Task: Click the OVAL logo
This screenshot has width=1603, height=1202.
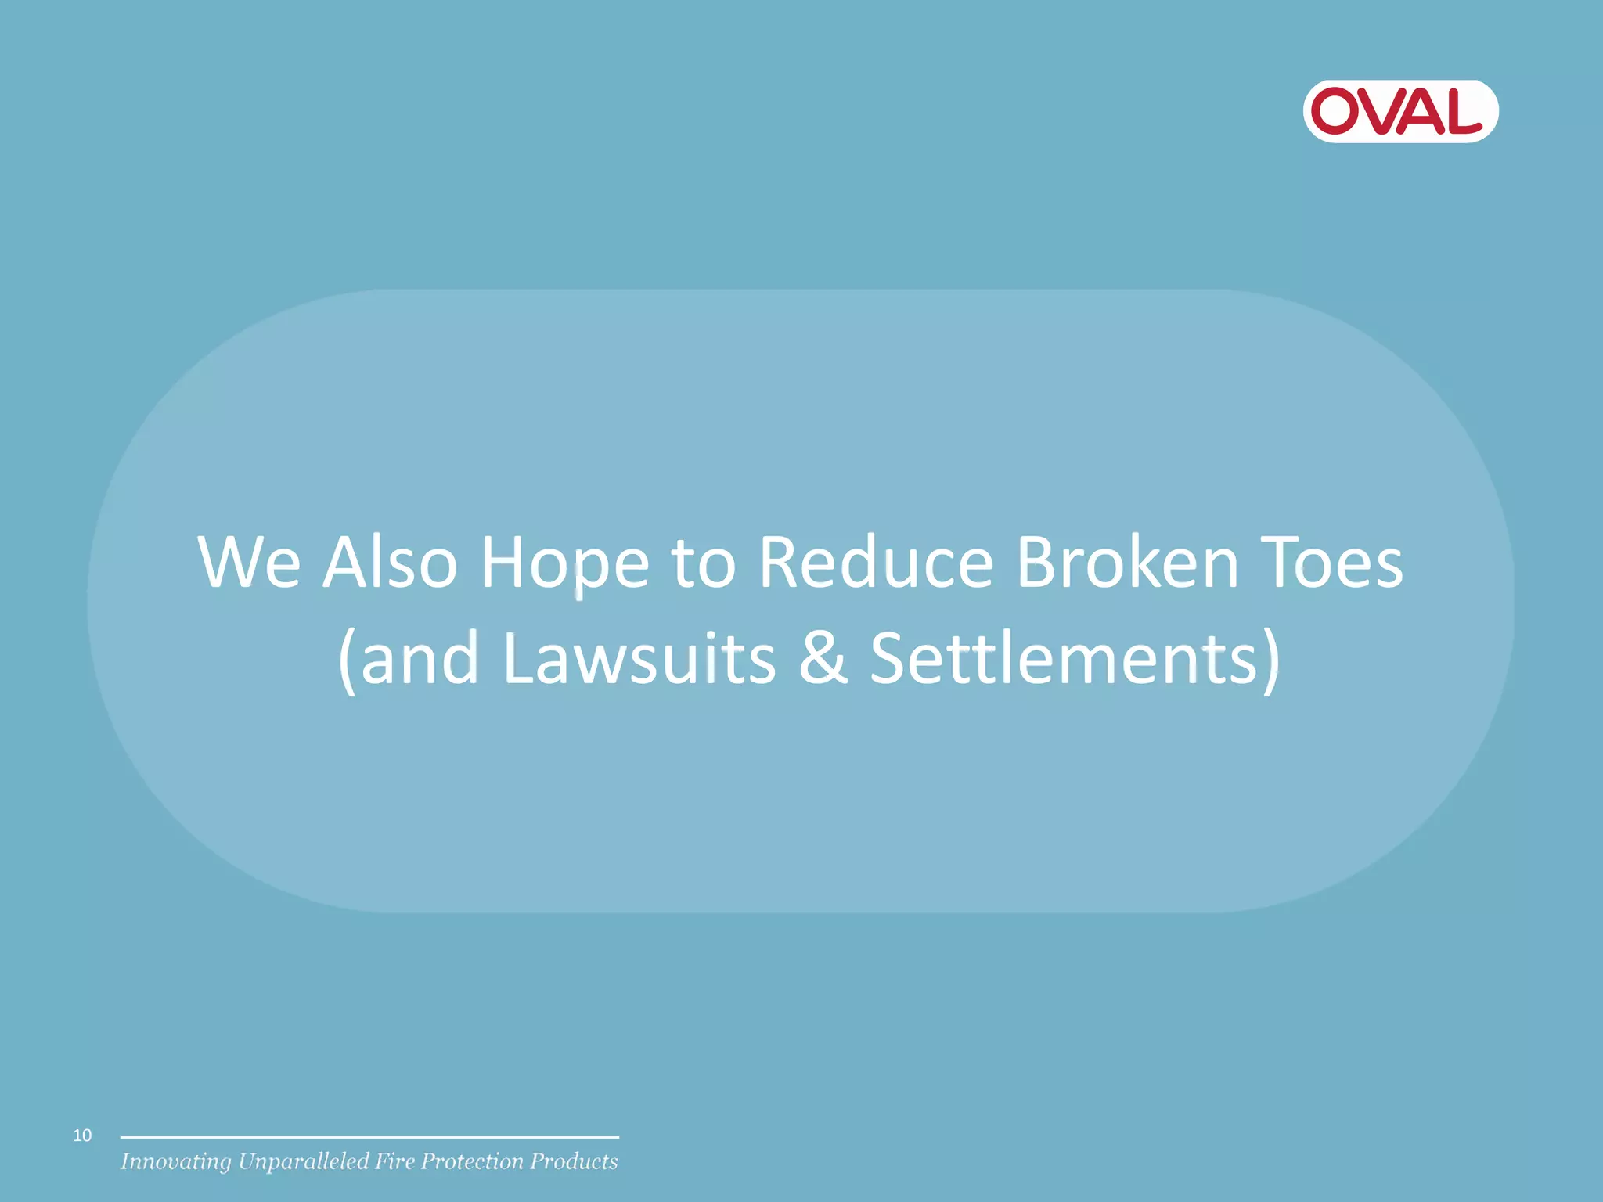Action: point(1399,111)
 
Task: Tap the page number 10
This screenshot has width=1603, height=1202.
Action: point(82,1135)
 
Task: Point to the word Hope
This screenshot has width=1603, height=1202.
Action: point(564,563)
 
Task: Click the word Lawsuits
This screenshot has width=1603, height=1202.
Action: point(639,659)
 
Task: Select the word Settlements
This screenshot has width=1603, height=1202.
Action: point(1063,659)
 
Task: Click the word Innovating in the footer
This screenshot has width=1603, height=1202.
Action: point(175,1162)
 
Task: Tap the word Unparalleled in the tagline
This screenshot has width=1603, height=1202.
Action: point(304,1162)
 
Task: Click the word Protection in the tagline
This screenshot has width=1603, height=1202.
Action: point(472,1161)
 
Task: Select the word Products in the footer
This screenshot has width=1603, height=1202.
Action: point(574,1161)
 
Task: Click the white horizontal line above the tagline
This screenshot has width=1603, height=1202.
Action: point(369,1137)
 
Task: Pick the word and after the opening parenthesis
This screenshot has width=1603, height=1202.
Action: point(419,659)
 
